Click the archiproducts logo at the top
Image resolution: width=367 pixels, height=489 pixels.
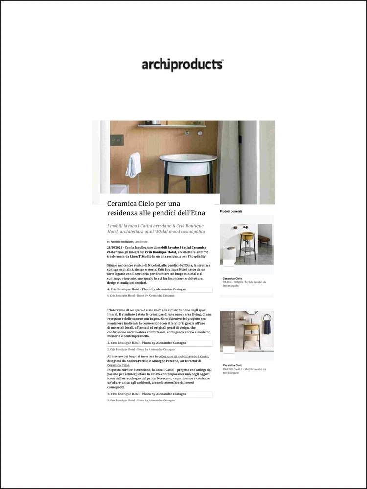pos(183,65)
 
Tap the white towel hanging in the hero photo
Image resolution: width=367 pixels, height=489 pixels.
pos(133,165)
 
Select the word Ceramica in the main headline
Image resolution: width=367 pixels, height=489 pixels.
pos(122,203)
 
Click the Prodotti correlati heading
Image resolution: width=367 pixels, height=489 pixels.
pos(230,211)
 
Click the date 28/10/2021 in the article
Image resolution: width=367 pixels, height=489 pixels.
pos(115,248)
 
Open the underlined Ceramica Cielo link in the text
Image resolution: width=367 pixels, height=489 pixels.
pos(118,365)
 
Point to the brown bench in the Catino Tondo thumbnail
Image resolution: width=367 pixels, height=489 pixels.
pos(264,239)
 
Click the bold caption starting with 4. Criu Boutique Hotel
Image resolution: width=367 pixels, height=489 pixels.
pos(147,289)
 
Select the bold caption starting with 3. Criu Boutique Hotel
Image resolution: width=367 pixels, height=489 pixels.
pos(147,394)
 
